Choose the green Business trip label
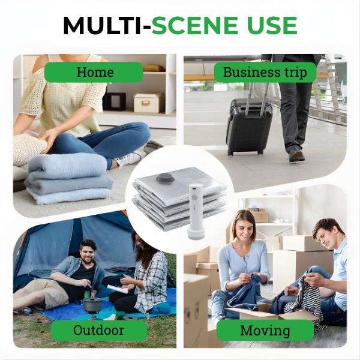pos(265,73)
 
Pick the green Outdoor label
pos(98,330)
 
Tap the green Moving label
pos(265,330)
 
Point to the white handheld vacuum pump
pos(196,211)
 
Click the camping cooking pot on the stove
pos(91,304)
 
